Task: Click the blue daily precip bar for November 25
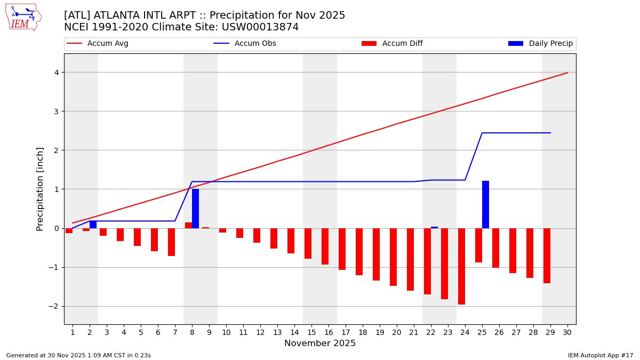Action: [485, 204]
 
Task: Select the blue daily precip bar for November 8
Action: [195, 209]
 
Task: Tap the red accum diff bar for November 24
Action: [461, 266]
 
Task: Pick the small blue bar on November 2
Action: [93, 225]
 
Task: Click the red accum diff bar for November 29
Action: [547, 255]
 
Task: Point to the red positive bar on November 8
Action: [188, 225]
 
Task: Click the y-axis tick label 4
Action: [55, 73]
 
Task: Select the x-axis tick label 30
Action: [567, 332]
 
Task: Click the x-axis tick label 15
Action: [311, 332]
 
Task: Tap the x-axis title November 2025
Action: [320, 343]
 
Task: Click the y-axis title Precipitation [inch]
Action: [40, 189]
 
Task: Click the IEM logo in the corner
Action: [23, 17]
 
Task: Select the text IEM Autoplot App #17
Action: [601, 355]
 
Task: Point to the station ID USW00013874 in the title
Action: [261, 27]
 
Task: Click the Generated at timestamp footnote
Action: [78, 355]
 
